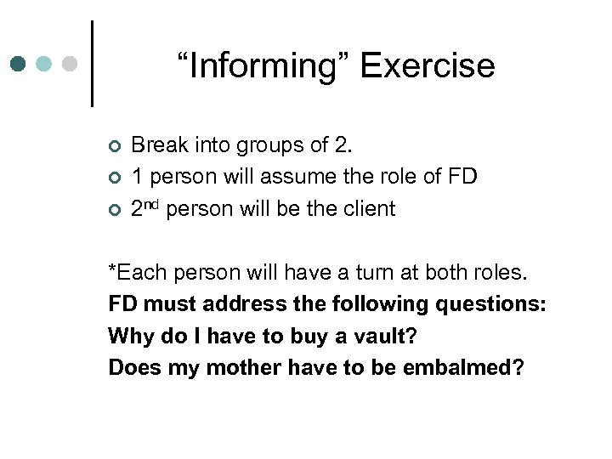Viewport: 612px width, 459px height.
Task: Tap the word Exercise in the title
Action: pos(428,65)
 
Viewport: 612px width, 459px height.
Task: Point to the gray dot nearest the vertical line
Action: pos(71,64)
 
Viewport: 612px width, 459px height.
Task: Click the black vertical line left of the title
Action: pos(92,64)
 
